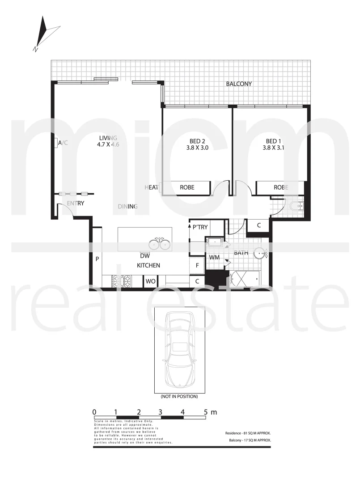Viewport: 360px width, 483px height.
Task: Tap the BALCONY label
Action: [239, 84]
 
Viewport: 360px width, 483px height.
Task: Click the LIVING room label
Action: [108, 138]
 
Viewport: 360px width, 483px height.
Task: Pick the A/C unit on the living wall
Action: [55, 143]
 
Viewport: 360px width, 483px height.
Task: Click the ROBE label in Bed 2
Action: [187, 187]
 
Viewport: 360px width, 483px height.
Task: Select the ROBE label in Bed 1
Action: [281, 187]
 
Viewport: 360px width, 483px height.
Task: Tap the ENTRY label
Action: [75, 203]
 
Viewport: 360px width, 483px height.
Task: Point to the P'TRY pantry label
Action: [200, 227]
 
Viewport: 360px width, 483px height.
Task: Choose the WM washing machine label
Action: [214, 257]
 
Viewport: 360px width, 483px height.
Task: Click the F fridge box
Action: [197, 265]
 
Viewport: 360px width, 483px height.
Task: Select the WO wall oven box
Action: [149, 281]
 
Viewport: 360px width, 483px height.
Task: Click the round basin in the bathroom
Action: [260, 254]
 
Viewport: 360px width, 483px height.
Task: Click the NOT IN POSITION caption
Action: [179, 396]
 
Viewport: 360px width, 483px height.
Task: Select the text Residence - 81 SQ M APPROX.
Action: [248, 433]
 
